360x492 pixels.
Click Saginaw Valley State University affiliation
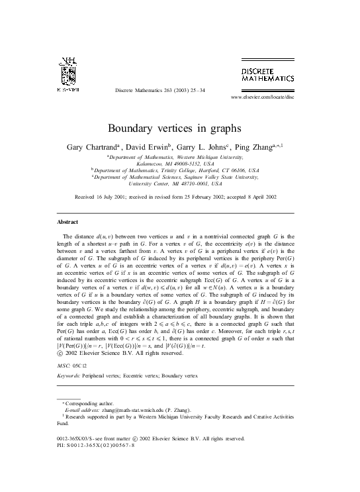(x=222, y=177)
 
